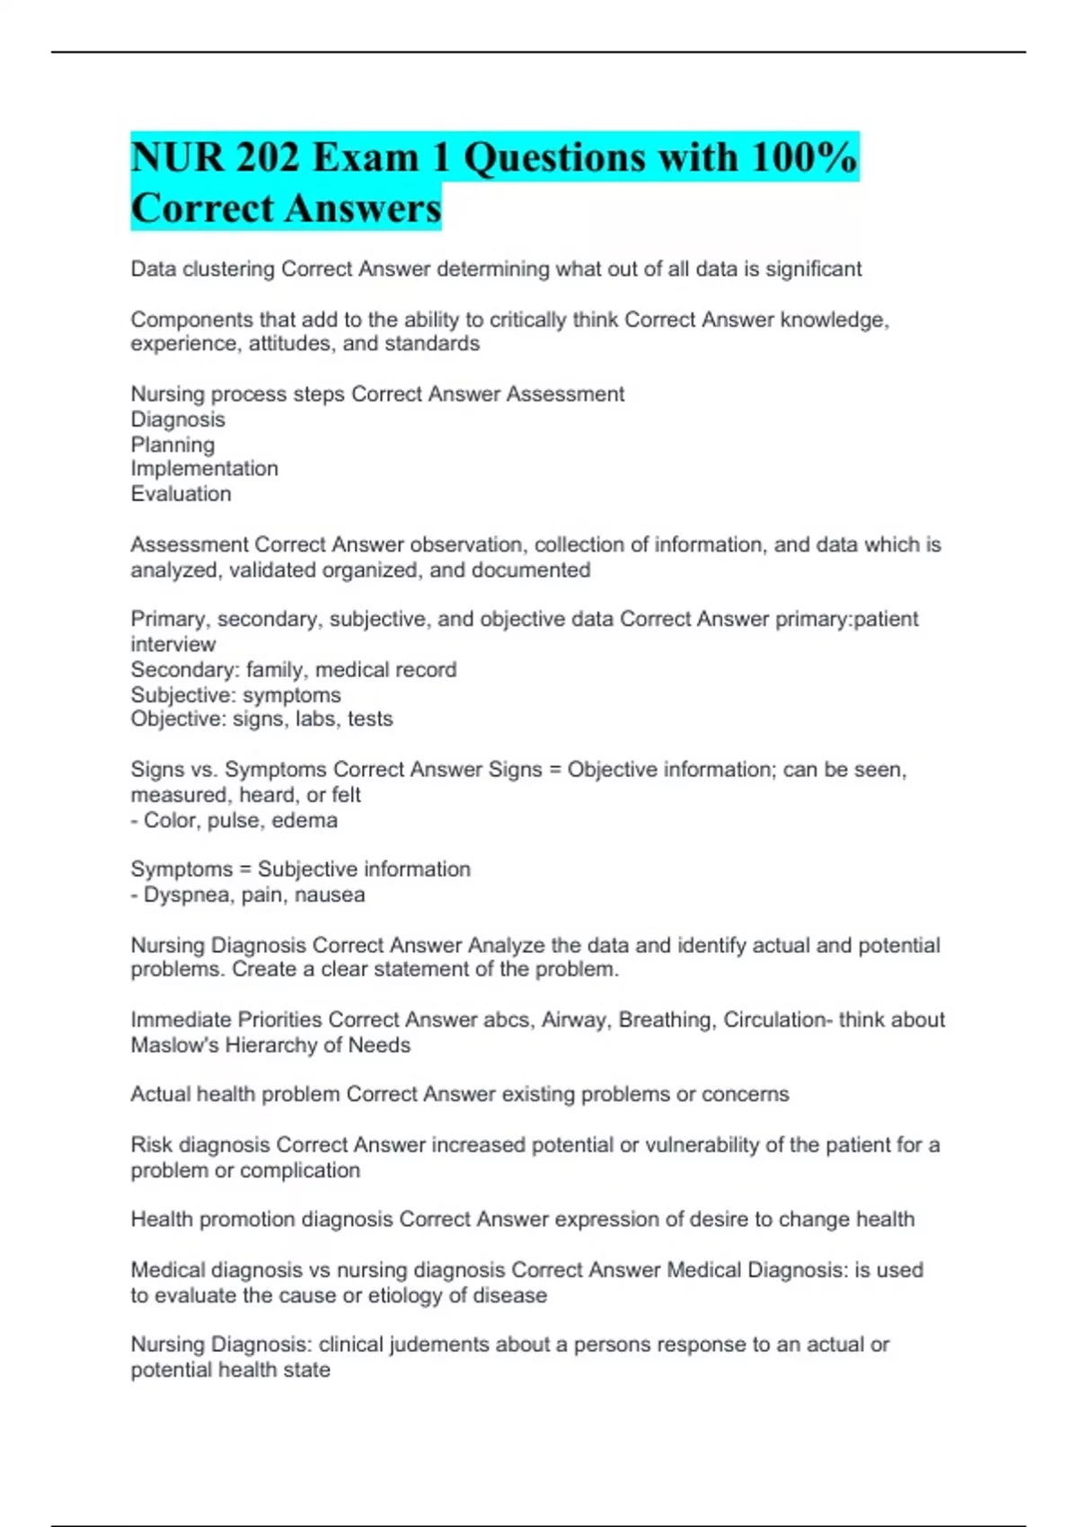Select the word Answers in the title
click(364, 208)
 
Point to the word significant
click(813, 269)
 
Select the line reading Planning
click(172, 445)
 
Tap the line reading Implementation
click(204, 469)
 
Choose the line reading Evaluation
click(181, 494)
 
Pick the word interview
click(173, 645)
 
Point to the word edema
click(305, 821)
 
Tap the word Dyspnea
click(184, 896)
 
